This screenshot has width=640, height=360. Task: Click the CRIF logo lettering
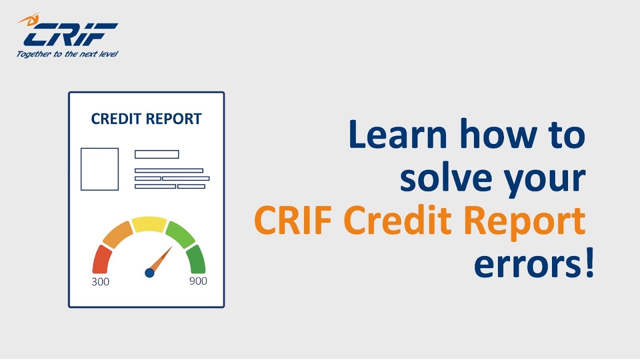(70, 35)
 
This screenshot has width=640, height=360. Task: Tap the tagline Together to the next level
(67, 54)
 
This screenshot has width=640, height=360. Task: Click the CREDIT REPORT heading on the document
(146, 119)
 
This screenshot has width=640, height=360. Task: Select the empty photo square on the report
(99, 169)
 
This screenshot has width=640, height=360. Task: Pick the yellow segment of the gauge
(149, 224)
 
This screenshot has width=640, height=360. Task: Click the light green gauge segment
(179, 234)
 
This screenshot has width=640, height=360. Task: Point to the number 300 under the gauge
(100, 282)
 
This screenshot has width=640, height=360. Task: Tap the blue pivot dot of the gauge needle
(149, 272)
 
